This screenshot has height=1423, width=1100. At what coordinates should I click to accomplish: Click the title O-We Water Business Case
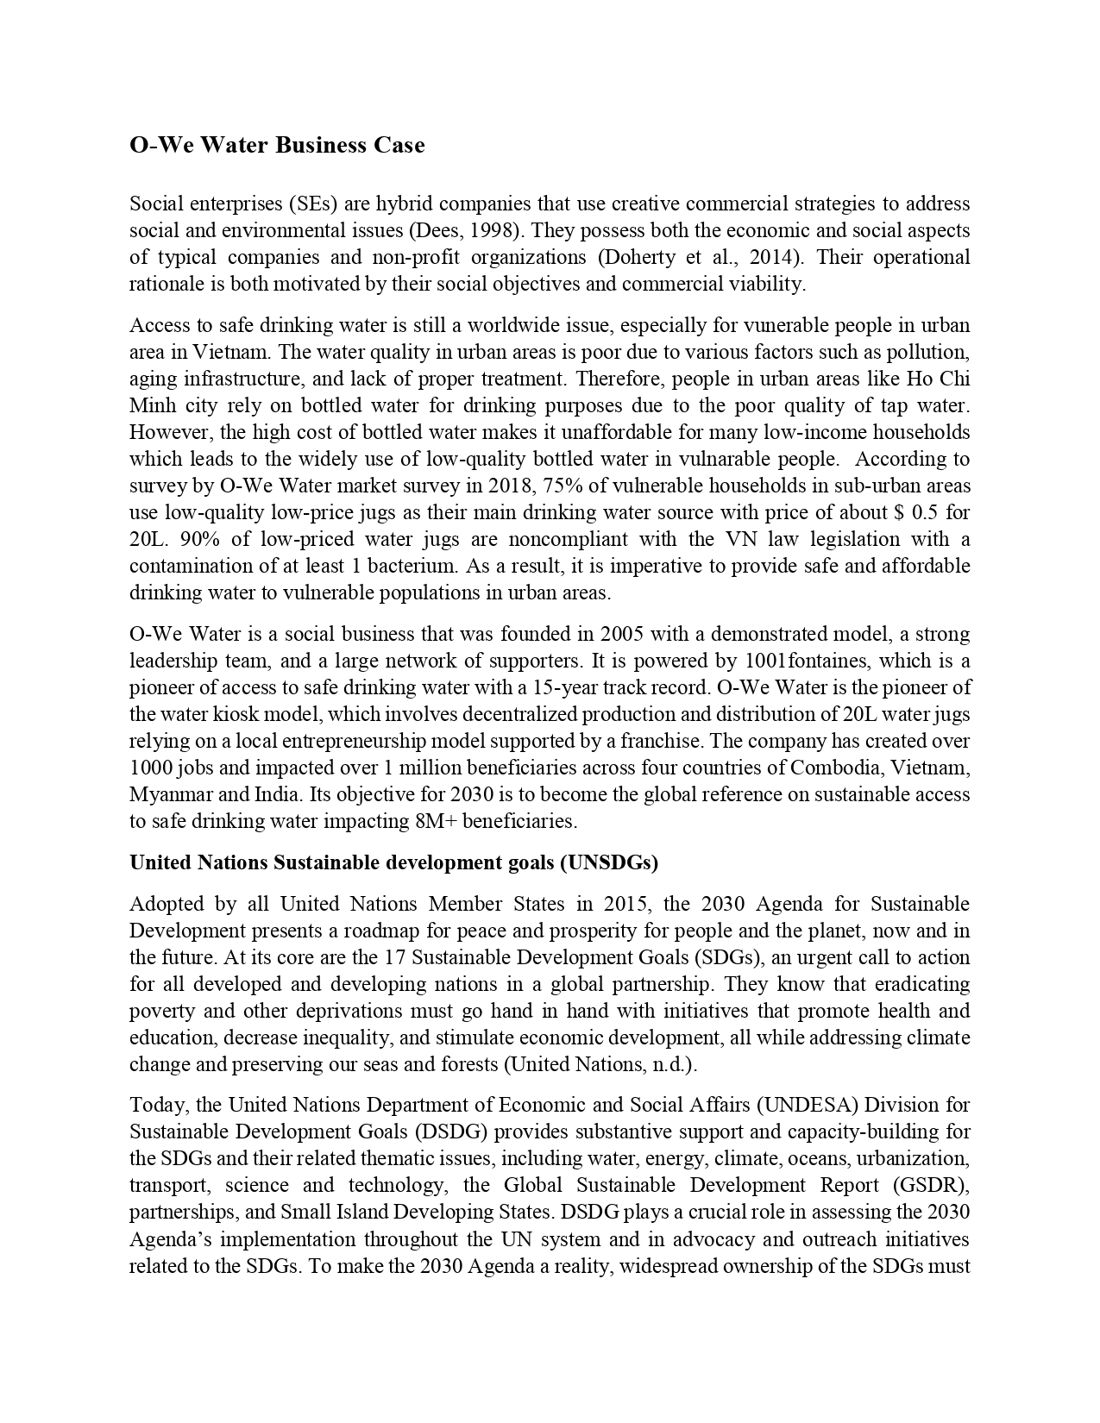coord(277,145)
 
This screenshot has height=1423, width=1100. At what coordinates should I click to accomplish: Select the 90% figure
coord(153,540)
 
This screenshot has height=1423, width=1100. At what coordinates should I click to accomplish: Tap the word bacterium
coord(413,567)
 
